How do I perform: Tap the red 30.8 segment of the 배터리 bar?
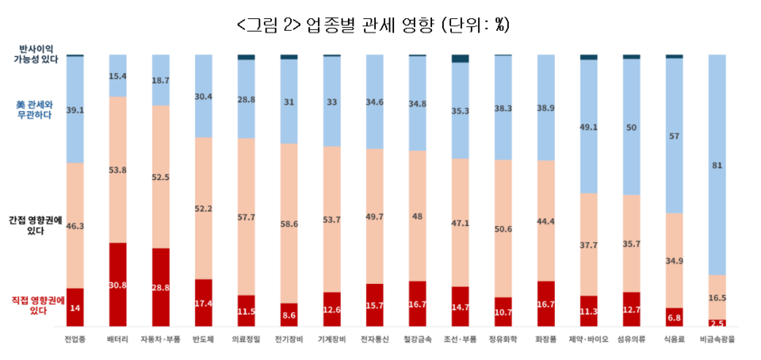[117, 284]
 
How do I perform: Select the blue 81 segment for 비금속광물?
[717, 165]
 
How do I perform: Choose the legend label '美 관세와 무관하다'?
[35, 109]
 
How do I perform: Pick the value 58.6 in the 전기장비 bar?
[289, 224]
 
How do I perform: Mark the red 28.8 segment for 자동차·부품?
[160, 286]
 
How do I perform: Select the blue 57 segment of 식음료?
[674, 136]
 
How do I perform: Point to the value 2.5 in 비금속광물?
[717, 323]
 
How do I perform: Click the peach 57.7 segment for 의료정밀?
[247, 216]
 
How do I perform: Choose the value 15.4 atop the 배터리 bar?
[117, 75]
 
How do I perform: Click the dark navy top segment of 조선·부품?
[460, 59]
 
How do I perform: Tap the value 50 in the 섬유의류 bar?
[631, 127]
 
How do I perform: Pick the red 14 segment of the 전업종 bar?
[75, 307]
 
